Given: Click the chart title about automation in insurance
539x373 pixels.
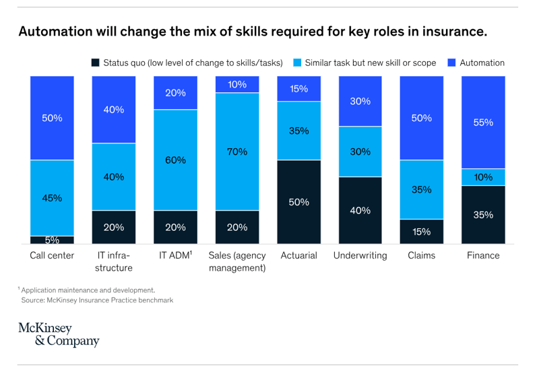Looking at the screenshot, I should pos(252,32).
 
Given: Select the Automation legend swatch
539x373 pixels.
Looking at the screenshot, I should pos(452,63).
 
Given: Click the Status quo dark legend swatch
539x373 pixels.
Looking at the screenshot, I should pos(96,63).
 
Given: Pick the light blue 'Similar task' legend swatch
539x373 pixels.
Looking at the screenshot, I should pos(296,63).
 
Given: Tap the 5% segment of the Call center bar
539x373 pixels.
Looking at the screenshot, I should pos(52,240).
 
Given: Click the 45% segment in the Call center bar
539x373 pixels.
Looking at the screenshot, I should pos(52,198).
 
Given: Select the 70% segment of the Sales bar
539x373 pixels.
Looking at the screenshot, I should pos(237,151).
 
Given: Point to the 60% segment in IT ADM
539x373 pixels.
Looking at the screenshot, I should pos(175,160).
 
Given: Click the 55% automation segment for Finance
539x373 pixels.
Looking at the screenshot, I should pos(483,123).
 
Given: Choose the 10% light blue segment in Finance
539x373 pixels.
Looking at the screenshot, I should pos(483,177).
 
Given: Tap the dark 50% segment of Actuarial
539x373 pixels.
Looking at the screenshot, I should pos(298,202).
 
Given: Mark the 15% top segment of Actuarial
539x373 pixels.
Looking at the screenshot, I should pos(298,89).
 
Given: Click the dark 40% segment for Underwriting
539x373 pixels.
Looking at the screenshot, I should pos(360,210).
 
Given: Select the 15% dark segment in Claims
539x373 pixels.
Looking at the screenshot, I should pos(422,231).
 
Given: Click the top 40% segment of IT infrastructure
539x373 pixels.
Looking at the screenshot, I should pos(113,110).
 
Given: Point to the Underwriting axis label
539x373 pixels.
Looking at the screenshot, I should pos(360,256).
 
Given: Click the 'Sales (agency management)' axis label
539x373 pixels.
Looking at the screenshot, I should pos(237,261).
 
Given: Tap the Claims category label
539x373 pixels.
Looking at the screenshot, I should pos(422,256).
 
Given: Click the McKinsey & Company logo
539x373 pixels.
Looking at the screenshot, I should pos(59,335).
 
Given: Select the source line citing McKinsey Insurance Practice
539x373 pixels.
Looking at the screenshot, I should pos(97,300).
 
